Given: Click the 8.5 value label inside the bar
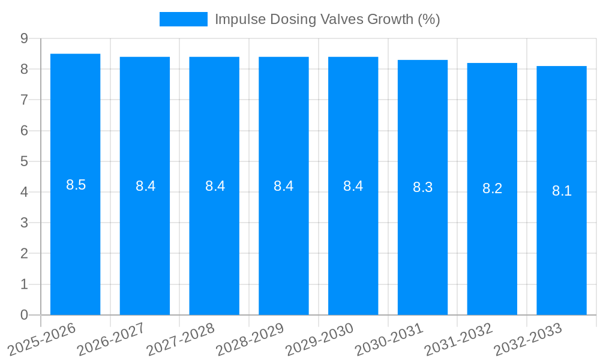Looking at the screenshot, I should [76, 185].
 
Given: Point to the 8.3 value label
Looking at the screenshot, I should [422, 187].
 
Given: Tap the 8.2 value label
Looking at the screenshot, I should [492, 188].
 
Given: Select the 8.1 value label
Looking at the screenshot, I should [562, 191].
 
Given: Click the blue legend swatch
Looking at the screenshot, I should [183, 19].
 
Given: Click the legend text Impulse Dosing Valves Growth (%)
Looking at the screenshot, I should [327, 19].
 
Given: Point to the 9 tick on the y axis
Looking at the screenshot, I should [24, 38].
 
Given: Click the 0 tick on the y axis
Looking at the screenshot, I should [24, 315].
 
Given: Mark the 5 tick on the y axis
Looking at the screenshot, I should [24, 161].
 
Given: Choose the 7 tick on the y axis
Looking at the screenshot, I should [24, 100].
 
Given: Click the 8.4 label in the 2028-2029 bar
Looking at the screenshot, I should [284, 186].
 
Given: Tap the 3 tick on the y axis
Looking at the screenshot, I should [24, 223].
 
